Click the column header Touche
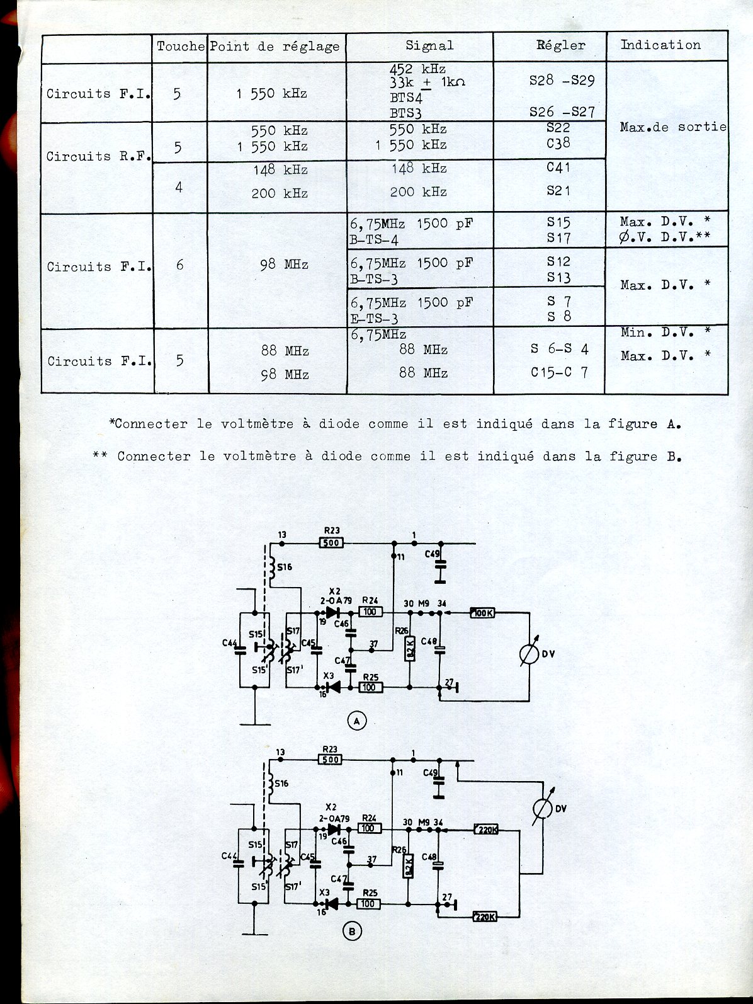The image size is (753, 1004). click(x=180, y=46)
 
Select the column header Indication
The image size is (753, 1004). click(x=660, y=45)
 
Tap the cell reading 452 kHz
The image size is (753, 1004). click(x=417, y=69)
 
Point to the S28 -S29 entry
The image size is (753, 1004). click(x=562, y=81)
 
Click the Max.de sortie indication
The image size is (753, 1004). click(x=672, y=127)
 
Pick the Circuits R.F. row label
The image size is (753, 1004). click(x=98, y=156)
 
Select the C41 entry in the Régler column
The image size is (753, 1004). click(x=558, y=168)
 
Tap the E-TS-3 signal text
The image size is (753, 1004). click(x=374, y=319)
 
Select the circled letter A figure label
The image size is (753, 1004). click(x=357, y=721)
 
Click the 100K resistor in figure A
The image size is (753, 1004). click(x=482, y=612)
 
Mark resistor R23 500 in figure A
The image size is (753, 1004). click(x=331, y=542)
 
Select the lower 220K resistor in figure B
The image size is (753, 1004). click(x=485, y=917)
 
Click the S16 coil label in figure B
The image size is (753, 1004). click(x=281, y=783)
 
